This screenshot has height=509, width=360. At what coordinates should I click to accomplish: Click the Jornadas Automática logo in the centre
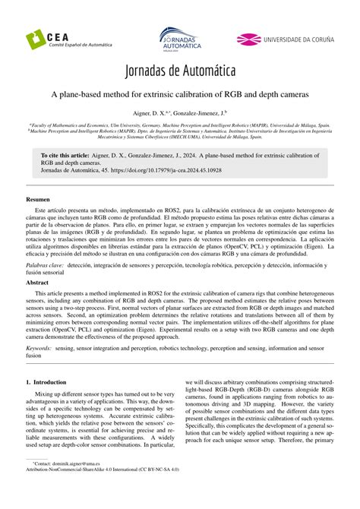click(x=179, y=39)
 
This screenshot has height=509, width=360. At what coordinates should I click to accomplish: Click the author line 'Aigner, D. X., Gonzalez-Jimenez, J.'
click(x=179, y=112)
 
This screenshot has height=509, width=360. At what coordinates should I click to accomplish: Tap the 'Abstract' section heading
click(x=38, y=282)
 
